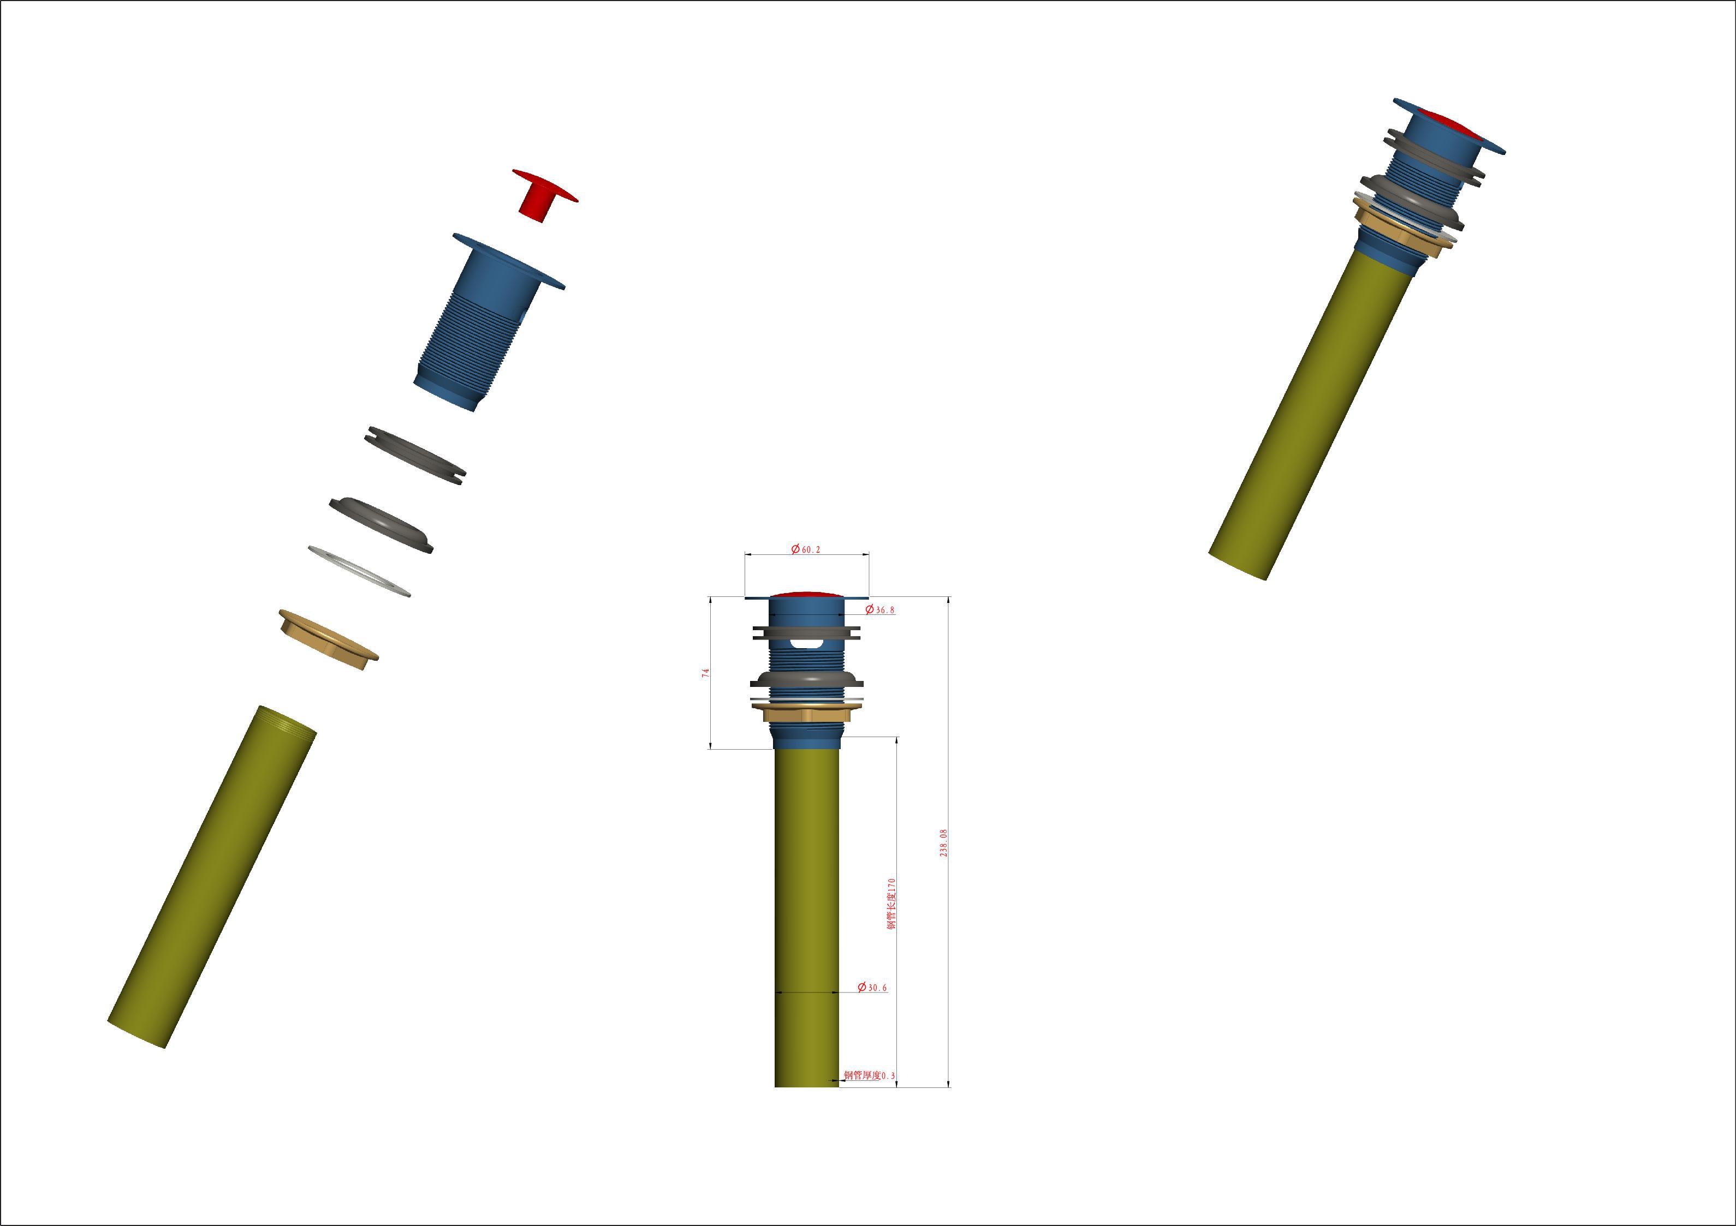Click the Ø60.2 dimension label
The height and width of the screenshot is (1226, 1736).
click(x=805, y=549)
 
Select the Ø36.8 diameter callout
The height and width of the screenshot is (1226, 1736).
click(x=880, y=610)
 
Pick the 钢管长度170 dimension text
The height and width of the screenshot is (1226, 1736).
click(x=891, y=904)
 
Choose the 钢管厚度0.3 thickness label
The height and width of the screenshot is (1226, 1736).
click(x=870, y=1075)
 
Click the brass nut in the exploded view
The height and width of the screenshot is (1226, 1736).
click(x=328, y=639)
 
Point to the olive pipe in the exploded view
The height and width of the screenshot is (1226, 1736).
click(x=212, y=877)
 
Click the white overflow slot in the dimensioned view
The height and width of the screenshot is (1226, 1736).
click(x=807, y=643)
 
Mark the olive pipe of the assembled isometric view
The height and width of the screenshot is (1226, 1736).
click(x=1312, y=412)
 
